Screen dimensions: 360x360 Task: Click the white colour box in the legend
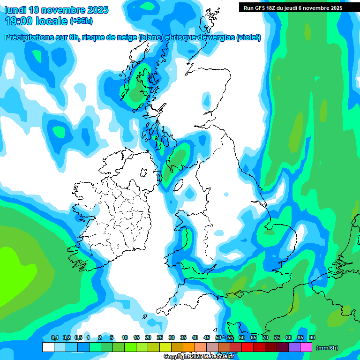(x=48, y=347)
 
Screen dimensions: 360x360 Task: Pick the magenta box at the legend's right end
(x=306, y=347)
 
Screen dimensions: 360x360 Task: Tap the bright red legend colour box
(x=247, y=347)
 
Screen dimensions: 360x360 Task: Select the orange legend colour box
(x=189, y=347)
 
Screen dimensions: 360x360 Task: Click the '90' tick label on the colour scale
(x=312, y=338)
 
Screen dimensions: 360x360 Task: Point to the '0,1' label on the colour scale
(x=54, y=338)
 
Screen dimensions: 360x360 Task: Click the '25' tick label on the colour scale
(x=160, y=338)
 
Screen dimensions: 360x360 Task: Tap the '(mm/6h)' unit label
(x=327, y=348)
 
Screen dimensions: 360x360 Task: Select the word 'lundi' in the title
(x=15, y=10)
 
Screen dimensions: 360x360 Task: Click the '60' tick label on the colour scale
(x=241, y=338)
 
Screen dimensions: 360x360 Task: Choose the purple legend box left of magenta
(x=294, y=347)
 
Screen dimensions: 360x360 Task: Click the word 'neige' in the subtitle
(x=125, y=37)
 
